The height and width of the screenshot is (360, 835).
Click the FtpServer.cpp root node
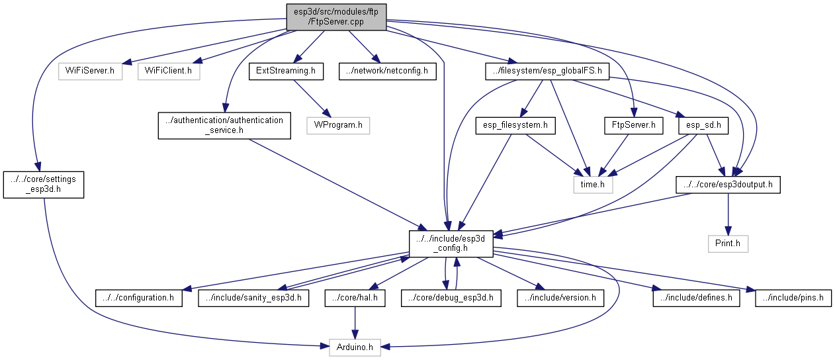(336, 17)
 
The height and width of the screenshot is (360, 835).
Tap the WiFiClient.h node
(169, 71)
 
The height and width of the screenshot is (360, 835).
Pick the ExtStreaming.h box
(286, 71)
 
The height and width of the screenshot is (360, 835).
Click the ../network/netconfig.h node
(388, 71)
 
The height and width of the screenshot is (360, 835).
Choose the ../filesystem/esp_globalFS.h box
(547, 71)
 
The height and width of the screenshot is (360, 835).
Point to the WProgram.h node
(337, 124)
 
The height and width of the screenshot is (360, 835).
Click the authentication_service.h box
(224, 125)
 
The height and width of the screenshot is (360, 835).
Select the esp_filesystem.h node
(512, 124)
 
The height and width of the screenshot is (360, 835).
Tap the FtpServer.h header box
(633, 124)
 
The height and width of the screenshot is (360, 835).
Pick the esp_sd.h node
(703, 124)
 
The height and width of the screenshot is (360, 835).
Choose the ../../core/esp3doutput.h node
(728, 185)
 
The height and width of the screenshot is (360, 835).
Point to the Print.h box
(728, 244)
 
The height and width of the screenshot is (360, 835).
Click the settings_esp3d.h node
(44, 185)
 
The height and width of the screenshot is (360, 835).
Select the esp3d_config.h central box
(451, 244)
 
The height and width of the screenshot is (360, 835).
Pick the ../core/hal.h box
(355, 298)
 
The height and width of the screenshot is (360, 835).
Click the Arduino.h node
(355, 346)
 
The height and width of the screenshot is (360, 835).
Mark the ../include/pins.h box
(793, 298)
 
